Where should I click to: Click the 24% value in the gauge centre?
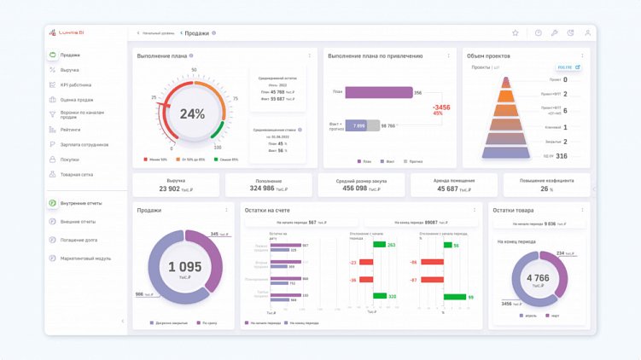tap(192, 113)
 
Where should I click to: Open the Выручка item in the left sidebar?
tap(70, 70)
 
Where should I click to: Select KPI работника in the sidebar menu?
tap(76, 85)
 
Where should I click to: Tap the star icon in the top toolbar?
tap(516, 33)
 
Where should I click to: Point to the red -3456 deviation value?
tap(441, 107)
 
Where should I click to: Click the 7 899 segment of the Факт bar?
tap(358, 125)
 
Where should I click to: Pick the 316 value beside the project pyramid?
tap(562, 156)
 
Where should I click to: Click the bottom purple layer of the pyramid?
tap(506, 154)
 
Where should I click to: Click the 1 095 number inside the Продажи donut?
tap(184, 267)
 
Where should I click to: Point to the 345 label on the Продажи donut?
tap(215, 234)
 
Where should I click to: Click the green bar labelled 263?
tap(380, 245)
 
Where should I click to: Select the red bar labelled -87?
tap(433, 280)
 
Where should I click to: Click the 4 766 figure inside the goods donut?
tap(538, 278)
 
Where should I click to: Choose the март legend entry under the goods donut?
tap(554, 316)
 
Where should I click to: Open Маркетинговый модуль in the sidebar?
tap(85, 258)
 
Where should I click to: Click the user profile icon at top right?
tap(587, 33)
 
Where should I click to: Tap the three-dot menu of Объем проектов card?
tap(583, 56)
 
